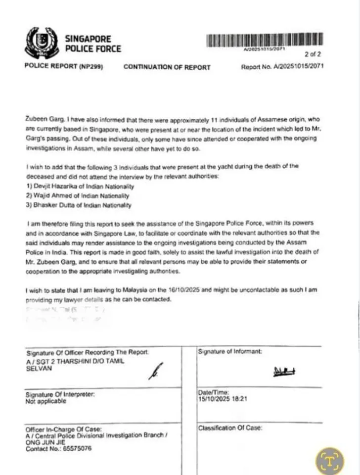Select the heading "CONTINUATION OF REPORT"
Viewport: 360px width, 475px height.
(x=167, y=67)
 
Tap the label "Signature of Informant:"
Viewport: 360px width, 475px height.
(x=230, y=352)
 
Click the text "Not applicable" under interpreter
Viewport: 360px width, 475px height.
(x=45, y=402)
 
